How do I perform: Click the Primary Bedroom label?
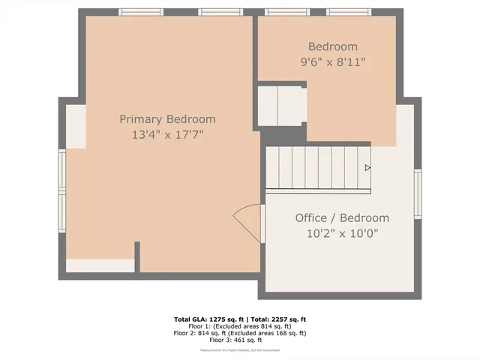pos(167,119)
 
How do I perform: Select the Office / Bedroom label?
pos(342,217)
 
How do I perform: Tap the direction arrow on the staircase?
pos(367,168)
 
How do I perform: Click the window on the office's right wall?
pos(418,193)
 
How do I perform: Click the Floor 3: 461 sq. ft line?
pos(239,339)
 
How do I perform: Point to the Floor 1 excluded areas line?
pos(239,325)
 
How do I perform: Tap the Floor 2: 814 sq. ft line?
pos(239,332)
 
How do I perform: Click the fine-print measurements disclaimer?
pos(239,350)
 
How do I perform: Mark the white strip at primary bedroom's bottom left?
pos(100,265)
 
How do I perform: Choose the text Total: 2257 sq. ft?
pos(277,319)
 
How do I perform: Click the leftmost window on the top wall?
pos(141,12)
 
